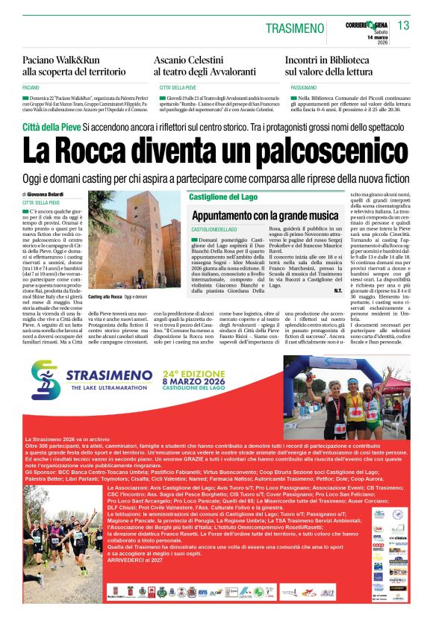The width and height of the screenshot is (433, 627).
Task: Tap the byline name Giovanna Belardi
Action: tap(52, 194)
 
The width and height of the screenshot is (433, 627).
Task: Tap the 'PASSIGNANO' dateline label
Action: tap(300, 87)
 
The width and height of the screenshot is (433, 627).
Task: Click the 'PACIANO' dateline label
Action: tap(31, 87)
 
